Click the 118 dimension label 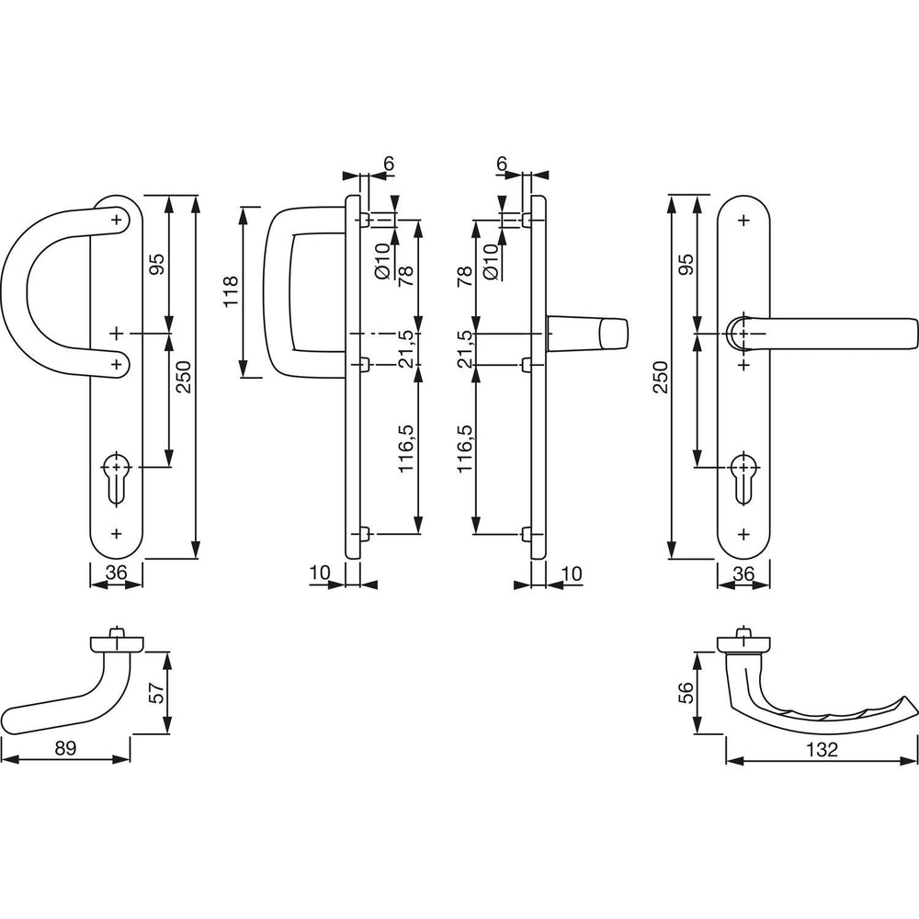click(231, 291)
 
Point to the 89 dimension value click(65, 748)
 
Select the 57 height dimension click(156, 692)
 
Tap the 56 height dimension click(686, 692)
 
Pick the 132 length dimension click(822, 750)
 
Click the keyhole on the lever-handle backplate click(743, 478)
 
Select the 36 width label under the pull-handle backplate click(116, 573)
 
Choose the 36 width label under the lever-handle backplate click(743, 573)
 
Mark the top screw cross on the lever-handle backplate click(743, 221)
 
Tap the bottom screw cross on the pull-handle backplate click(116, 533)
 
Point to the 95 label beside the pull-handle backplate click(156, 264)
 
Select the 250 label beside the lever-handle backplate click(661, 377)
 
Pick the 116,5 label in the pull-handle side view click(406, 448)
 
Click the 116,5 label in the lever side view click(463, 448)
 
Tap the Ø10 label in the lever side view click(490, 261)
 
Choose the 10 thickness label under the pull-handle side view click(320, 573)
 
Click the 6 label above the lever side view click(502, 164)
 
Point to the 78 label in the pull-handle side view click(406, 276)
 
